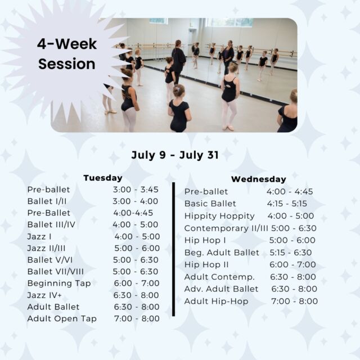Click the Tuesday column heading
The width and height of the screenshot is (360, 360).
[x=103, y=178]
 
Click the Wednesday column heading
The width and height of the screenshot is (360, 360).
[x=259, y=179]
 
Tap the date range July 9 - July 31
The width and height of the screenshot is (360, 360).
[x=175, y=155]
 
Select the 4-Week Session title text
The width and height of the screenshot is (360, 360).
[x=67, y=54]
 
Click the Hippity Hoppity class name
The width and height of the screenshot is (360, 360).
[x=219, y=216]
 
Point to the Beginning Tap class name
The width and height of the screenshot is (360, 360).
[x=59, y=283]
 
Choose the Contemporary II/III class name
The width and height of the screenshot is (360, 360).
[x=226, y=228]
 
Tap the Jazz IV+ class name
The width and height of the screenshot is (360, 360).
[x=44, y=295]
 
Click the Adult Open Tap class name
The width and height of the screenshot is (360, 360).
[x=62, y=319]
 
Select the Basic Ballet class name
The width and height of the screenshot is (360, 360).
[x=210, y=204]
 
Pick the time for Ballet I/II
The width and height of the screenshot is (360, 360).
[x=135, y=201]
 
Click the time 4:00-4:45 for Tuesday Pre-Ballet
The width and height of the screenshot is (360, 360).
[x=133, y=213]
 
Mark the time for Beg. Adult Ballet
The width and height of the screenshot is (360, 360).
[x=291, y=253]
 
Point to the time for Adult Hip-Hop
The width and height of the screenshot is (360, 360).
[x=295, y=301]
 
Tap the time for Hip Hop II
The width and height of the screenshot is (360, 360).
[x=292, y=264]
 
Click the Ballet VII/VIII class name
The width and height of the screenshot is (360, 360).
[x=56, y=272]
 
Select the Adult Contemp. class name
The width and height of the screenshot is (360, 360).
[x=219, y=277]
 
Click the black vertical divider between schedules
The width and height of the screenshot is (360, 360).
[x=174, y=249]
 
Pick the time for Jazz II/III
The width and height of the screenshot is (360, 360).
[x=137, y=248]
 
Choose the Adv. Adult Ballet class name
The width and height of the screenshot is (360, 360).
[x=221, y=289]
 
